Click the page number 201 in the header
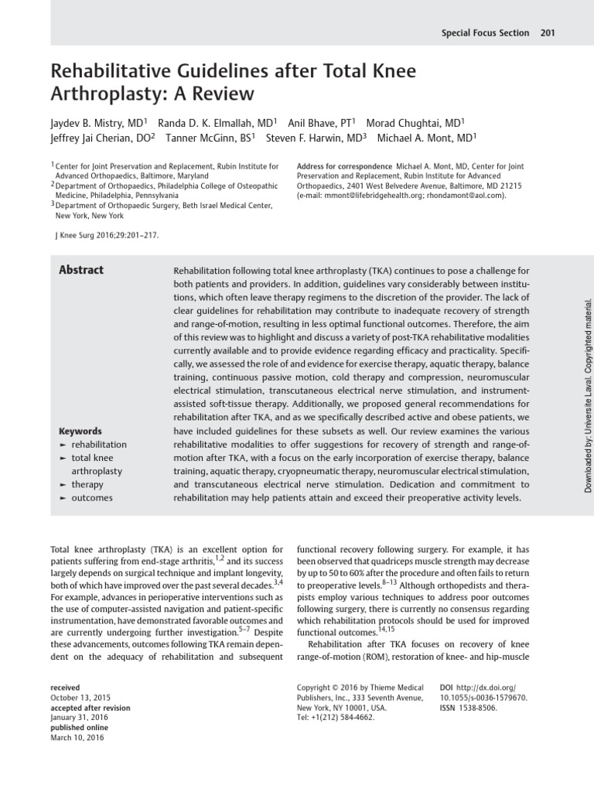548,33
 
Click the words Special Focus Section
485,33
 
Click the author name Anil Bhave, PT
319,123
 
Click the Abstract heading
81,270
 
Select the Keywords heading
80,431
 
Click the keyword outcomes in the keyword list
91,498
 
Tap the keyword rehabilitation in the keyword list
99,445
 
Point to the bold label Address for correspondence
344,166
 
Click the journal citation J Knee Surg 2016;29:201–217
105,234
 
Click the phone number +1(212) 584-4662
340,717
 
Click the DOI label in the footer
448,687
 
